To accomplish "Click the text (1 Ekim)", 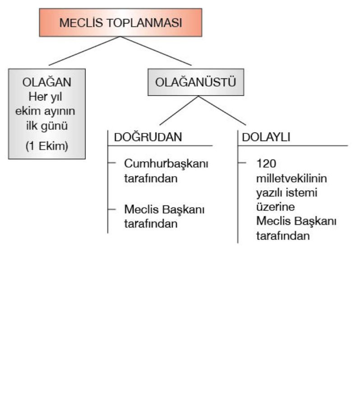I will point(46,147).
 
